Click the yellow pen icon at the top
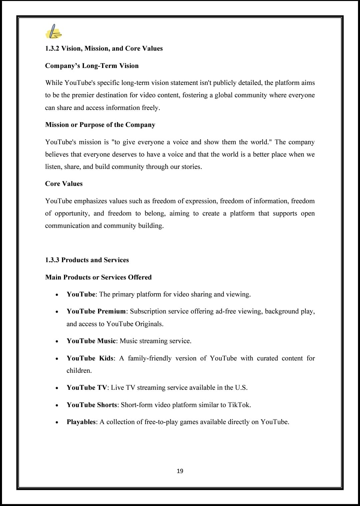[53, 32]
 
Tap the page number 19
[180, 471]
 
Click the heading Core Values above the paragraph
[64, 184]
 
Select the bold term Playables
[81, 422]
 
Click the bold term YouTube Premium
[96, 311]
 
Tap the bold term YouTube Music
[91, 341]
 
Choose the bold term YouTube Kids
[90, 358]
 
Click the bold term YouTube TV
[87, 387]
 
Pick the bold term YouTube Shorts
[92, 405]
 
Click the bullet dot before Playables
[57, 422]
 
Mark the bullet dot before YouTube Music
[57, 341]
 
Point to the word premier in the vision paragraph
[83, 95]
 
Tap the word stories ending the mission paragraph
[191, 167]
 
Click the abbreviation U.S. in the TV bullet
[241, 387]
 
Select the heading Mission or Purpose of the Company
[100, 125]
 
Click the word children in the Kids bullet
[79, 370]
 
